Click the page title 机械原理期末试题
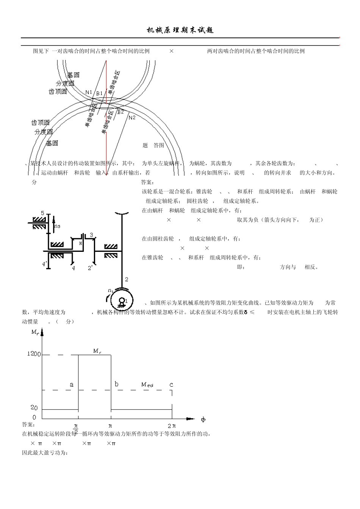[x=180, y=31]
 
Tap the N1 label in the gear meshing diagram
[x=89, y=92]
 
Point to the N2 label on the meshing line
[x=132, y=117]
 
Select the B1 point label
[x=99, y=93]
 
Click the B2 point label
[x=120, y=112]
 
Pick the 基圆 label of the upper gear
[x=73, y=75]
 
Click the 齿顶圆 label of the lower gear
[x=40, y=123]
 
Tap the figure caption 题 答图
[x=153, y=145]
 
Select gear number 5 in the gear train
[x=42, y=213]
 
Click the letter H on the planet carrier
[x=80, y=244]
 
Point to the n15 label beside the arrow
[x=57, y=226]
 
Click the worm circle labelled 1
[x=122, y=301]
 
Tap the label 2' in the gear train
[x=90, y=268]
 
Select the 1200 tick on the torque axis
[x=34, y=354]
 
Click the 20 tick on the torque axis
[x=34, y=408]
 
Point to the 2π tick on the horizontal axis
[x=172, y=426]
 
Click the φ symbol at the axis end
[x=203, y=419]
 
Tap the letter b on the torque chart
[x=116, y=384]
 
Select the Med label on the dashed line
[x=147, y=384]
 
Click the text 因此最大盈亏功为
[x=45, y=453]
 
